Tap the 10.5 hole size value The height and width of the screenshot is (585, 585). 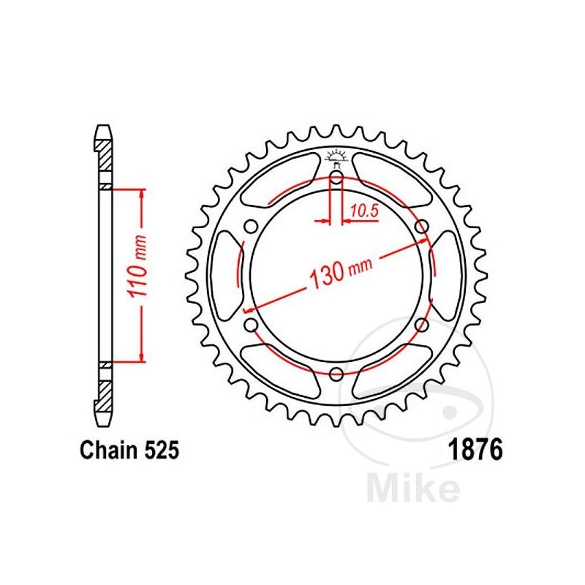click(x=363, y=211)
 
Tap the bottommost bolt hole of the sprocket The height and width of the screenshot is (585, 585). click(x=336, y=374)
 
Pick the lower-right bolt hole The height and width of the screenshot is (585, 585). click(x=422, y=325)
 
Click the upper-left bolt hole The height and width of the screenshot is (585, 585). click(x=251, y=227)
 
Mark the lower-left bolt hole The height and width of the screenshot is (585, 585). click(x=251, y=325)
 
